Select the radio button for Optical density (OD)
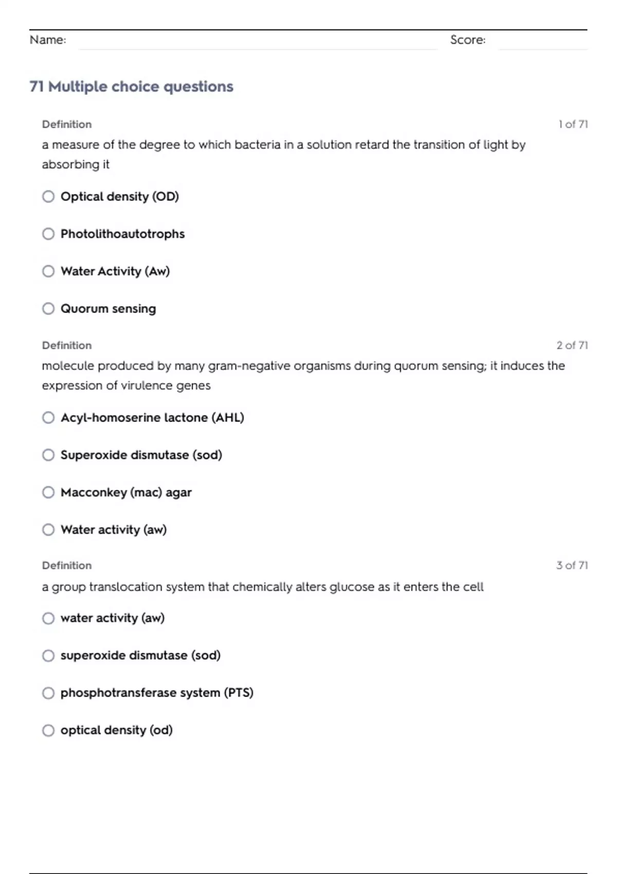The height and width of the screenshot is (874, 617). [x=48, y=196]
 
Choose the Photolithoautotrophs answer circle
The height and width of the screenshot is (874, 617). [x=48, y=234]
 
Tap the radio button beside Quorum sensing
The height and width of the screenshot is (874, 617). [x=48, y=308]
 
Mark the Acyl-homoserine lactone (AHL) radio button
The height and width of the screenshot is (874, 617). [x=48, y=417]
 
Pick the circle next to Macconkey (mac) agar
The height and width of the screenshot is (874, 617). [x=48, y=493]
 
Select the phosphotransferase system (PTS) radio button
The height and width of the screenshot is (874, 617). [x=48, y=693]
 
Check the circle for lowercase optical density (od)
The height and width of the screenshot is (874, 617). [x=48, y=731]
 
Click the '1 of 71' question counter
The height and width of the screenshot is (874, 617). [x=573, y=124]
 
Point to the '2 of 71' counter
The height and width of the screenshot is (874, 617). [x=572, y=345]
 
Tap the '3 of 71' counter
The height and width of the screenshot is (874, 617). [x=572, y=566]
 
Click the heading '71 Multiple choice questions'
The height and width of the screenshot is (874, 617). [x=131, y=86]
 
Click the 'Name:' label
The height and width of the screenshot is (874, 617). [x=48, y=40]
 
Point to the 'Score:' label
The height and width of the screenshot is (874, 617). [x=467, y=40]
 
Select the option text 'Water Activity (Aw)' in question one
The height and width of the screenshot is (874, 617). [x=115, y=271]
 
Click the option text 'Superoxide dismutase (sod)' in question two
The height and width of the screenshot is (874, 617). [x=141, y=455]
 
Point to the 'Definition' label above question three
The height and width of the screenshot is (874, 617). [x=67, y=566]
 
